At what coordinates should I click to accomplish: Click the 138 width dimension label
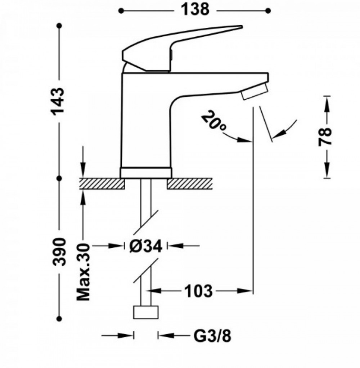(195, 10)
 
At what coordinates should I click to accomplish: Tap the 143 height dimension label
(57, 102)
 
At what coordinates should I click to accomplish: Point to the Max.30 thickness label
(84, 272)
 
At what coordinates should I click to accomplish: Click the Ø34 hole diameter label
(145, 246)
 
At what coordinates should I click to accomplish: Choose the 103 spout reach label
(198, 291)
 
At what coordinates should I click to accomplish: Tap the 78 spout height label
(325, 137)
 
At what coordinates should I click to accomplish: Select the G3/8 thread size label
(212, 336)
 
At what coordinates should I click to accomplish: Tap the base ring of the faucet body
(146, 173)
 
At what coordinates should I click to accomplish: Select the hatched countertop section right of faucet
(190, 184)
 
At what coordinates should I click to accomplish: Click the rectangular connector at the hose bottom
(146, 313)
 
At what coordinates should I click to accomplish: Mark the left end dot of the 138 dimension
(121, 11)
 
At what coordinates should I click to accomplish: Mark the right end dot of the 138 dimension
(268, 11)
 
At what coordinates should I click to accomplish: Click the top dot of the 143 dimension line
(59, 25)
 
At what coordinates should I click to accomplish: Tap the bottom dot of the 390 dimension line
(59, 319)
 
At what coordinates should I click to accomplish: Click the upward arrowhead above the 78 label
(327, 103)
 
